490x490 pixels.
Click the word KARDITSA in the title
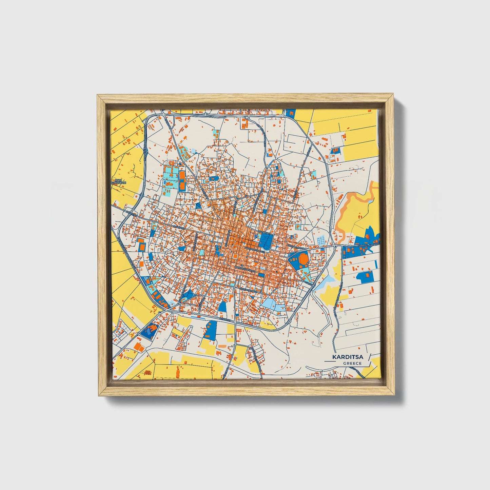(x=347, y=357)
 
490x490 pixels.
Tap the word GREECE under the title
(x=352, y=363)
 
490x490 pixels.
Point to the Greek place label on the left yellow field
(x=119, y=181)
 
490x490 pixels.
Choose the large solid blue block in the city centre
(x=266, y=241)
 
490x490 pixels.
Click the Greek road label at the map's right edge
(x=368, y=244)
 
